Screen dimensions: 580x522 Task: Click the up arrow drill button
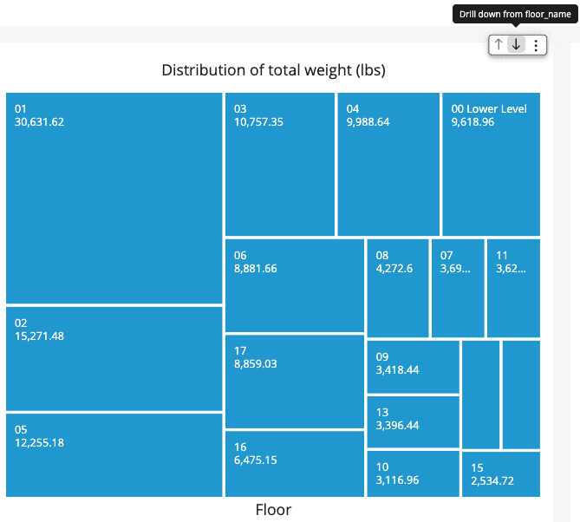(499, 45)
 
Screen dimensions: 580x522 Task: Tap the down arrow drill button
(516, 45)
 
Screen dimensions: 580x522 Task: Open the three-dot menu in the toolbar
(536, 45)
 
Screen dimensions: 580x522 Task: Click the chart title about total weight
(273, 70)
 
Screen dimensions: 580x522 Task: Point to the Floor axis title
(273, 509)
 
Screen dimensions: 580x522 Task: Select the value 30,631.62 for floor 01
(39, 121)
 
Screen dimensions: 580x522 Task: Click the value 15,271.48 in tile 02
(39, 336)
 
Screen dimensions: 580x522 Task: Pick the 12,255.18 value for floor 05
(39, 442)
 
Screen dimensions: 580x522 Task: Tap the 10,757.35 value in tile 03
(258, 121)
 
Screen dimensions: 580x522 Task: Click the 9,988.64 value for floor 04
(368, 121)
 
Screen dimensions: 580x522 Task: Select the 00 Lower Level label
(489, 108)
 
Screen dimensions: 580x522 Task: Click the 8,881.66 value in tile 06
(255, 268)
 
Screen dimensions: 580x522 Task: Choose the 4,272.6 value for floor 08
(394, 268)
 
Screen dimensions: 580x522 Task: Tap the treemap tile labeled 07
(458, 288)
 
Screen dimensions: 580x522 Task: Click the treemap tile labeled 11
(513, 288)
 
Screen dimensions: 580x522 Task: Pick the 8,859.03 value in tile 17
(255, 363)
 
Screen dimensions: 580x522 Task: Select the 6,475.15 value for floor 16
(255, 460)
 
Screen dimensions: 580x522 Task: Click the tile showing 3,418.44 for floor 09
(414, 367)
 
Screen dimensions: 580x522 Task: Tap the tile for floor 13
(414, 422)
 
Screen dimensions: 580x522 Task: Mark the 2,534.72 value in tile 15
(492, 480)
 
